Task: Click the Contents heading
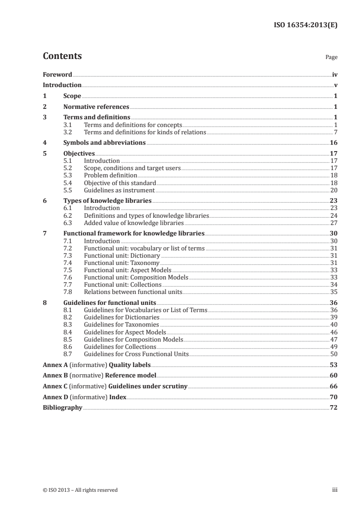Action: click(62, 56)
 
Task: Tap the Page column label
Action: click(331, 58)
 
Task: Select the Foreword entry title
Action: click(57, 74)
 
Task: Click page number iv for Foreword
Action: click(334, 74)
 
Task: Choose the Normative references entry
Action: click(96, 107)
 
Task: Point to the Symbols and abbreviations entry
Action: click(104, 142)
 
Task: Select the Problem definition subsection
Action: click(111, 175)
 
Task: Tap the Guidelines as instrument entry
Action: click(119, 190)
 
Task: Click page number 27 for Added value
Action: click(334, 223)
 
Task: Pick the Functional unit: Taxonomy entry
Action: click(122, 263)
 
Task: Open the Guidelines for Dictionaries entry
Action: click(122, 318)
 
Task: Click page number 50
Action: click(334, 354)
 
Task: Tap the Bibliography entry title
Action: click(62, 407)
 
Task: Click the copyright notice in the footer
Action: click(80, 490)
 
